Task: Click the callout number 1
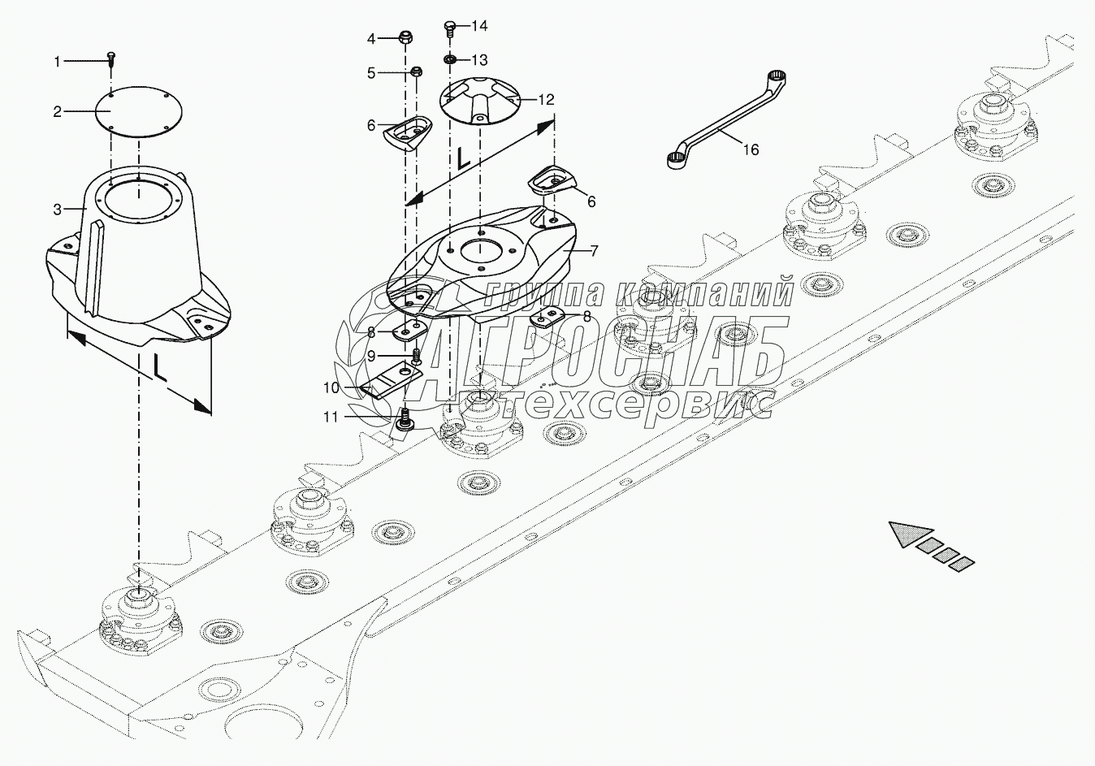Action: pyautogui.click(x=58, y=61)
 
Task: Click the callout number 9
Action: pyautogui.click(x=371, y=356)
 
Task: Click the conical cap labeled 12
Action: pyautogui.click(x=479, y=101)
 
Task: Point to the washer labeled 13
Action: pyautogui.click(x=449, y=60)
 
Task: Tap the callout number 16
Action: pyautogui.click(x=751, y=149)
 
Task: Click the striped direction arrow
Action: pyautogui.click(x=930, y=545)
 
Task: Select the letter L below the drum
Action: pyautogui.click(x=160, y=367)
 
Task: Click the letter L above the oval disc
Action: pyautogui.click(x=462, y=157)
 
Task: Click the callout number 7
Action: pyautogui.click(x=594, y=251)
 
